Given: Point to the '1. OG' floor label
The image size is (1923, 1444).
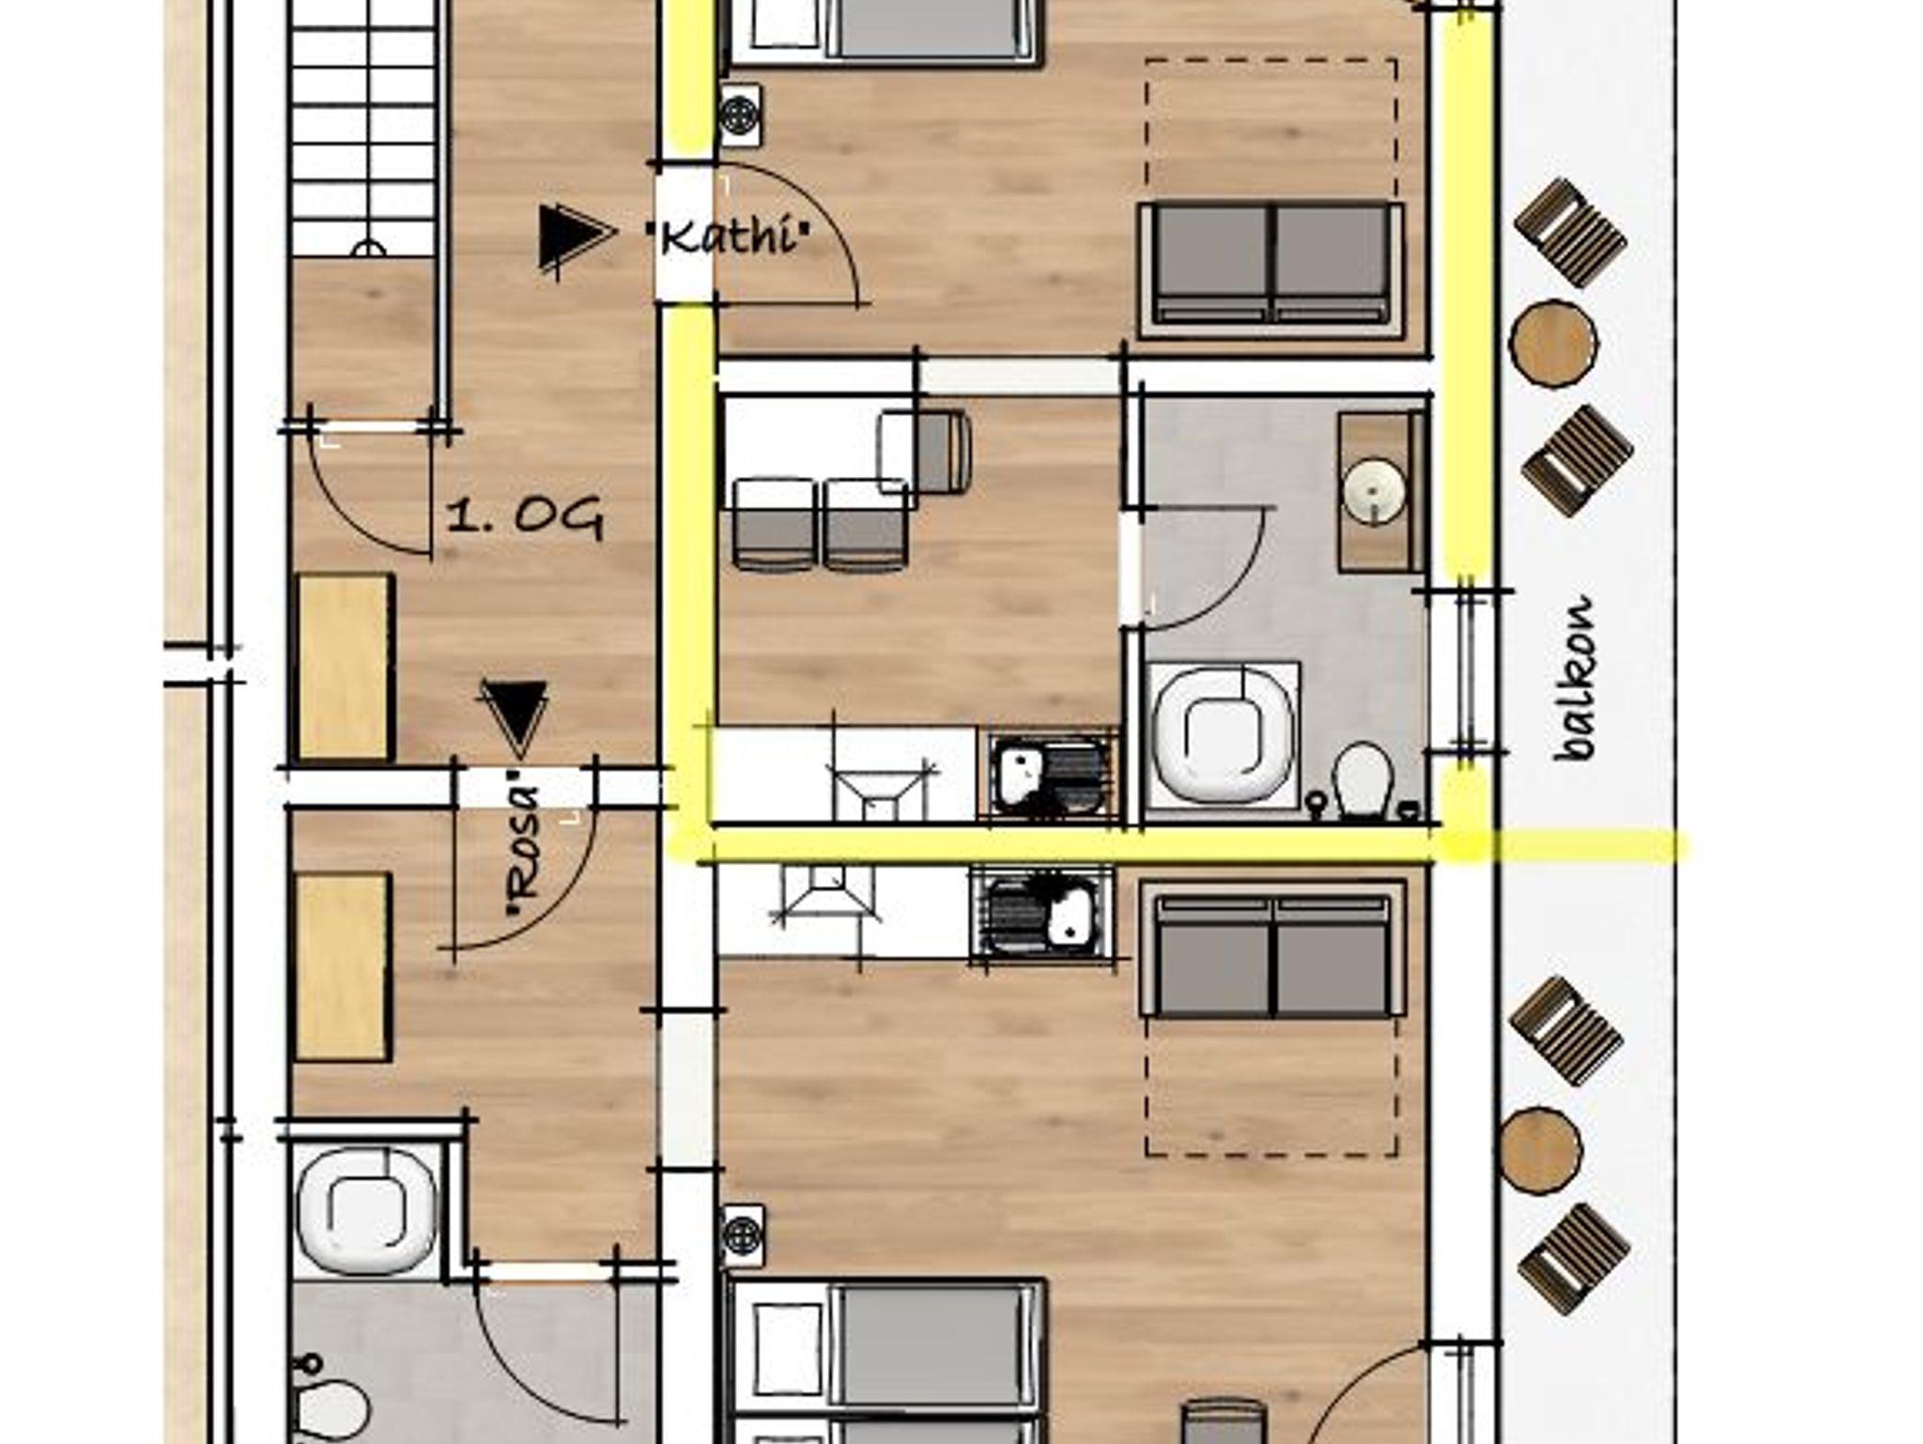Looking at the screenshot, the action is (x=524, y=518).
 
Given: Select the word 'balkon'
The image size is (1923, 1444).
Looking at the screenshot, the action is (x=1575, y=679).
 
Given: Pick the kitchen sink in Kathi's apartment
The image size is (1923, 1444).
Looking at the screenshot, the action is (x=1050, y=775).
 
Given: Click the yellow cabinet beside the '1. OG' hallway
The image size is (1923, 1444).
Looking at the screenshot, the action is (x=343, y=668).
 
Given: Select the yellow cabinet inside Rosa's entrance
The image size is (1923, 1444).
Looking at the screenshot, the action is (x=343, y=967).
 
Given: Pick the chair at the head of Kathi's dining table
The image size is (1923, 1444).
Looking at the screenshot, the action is (x=925, y=452).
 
